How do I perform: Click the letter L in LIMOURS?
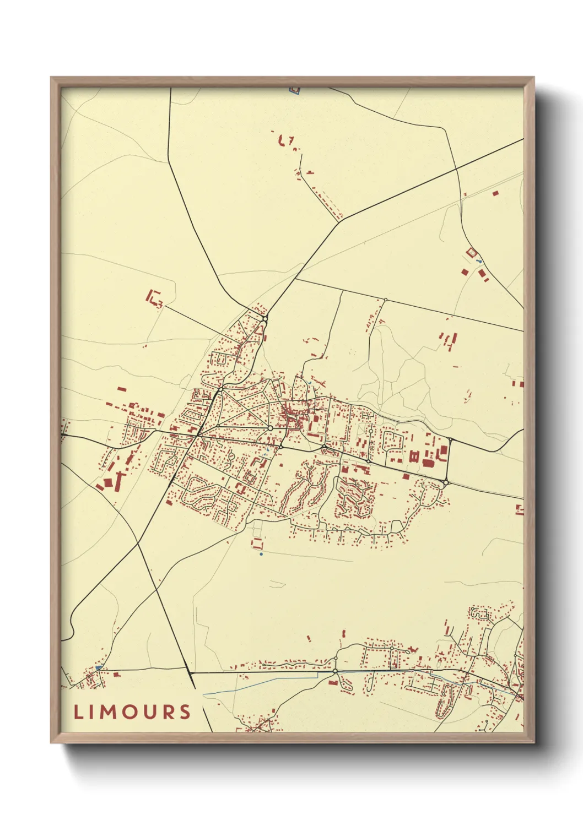click(x=78, y=711)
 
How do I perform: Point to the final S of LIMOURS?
click(x=185, y=711)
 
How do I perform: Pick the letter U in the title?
click(x=149, y=711)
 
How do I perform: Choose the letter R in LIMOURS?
click(x=167, y=711)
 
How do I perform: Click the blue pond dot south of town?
click(x=261, y=554)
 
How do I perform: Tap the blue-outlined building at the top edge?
click(x=295, y=89)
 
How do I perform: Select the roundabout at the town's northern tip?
click(x=265, y=319)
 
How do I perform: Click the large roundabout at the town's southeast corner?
click(x=445, y=483)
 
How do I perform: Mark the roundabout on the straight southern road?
click(x=334, y=671)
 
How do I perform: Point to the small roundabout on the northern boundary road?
click(x=385, y=300)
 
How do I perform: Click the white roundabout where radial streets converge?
click(x=271, y=427)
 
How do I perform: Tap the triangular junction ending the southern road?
click(x=191, y=672)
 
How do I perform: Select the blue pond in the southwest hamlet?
click(x=99, y=667)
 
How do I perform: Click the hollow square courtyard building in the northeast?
click(x=471, y=252)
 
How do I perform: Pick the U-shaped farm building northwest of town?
click(x=153, y=298)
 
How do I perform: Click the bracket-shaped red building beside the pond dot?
click(x=256, y=544)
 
